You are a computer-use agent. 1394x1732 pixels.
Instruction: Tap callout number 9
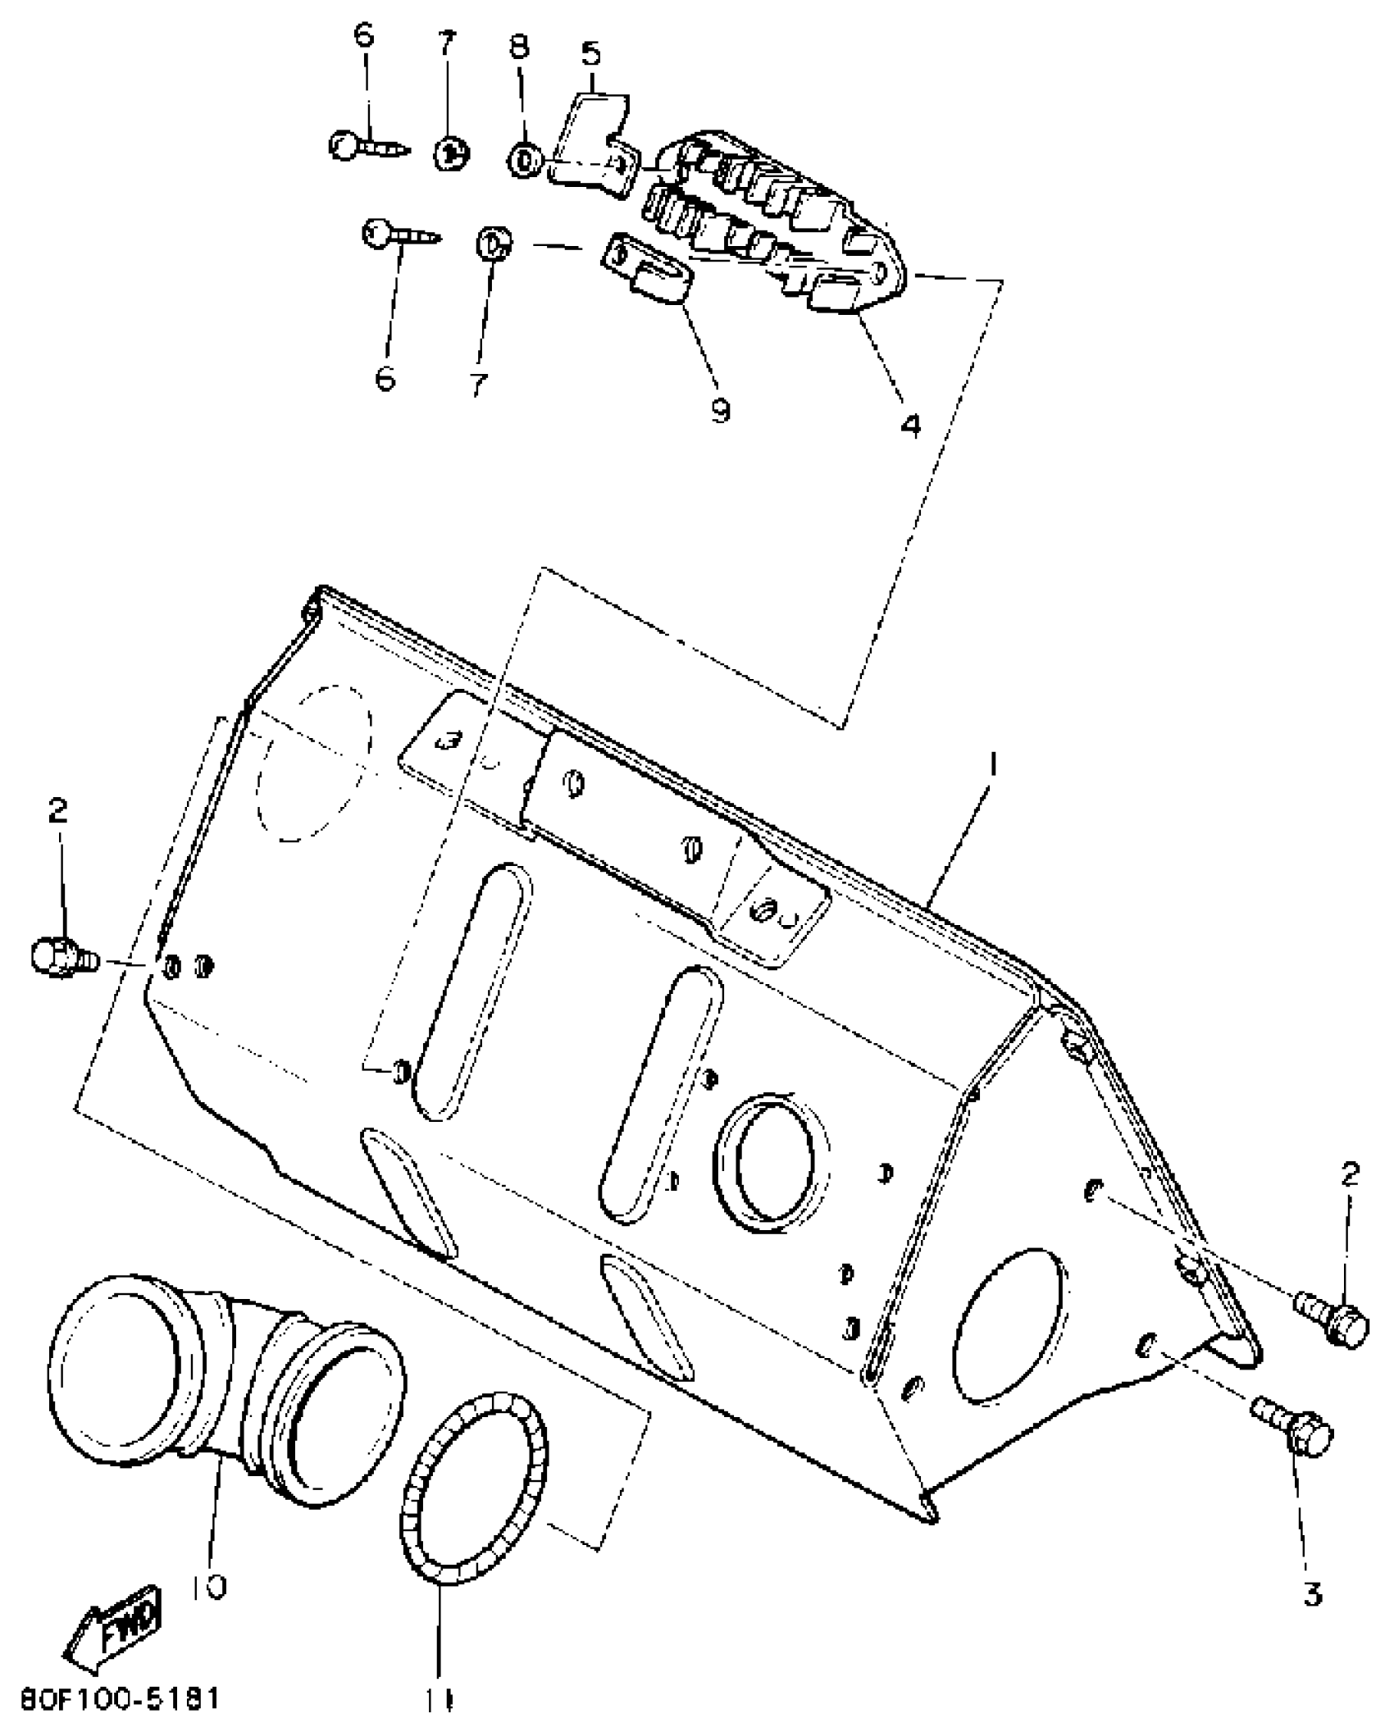pos(720,408)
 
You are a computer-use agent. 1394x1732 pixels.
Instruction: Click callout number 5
pos(590,54)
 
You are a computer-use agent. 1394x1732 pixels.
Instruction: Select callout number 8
pos(519,46)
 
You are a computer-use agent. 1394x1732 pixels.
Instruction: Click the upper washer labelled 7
pos(450,153)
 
